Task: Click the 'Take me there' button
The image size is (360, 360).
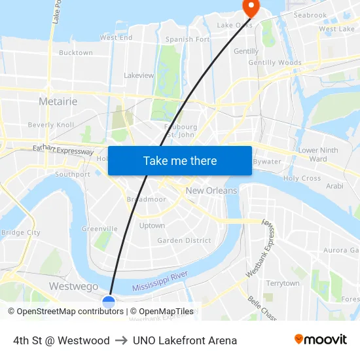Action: tap(179, 160)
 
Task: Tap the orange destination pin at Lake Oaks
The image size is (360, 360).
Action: tap(251, 7)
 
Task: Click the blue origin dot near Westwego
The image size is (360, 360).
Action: tap(109, 301)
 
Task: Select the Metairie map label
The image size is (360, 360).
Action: tap(58, 101)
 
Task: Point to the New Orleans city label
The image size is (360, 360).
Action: tap(211, 190)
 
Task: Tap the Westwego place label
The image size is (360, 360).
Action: tap(73, 287)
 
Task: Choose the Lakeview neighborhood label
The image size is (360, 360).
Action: tap(139, 75)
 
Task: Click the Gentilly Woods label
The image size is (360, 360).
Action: tap(275, 63)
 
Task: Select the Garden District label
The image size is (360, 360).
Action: tap(184, 240)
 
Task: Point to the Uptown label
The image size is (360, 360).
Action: tap(152, 226)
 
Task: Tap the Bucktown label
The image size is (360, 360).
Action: tap(76, 52)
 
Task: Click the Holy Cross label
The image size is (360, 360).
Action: tap(302, 178)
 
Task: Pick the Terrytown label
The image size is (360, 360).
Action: tap(283, 283)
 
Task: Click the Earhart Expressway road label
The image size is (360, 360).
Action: tap(63, 151)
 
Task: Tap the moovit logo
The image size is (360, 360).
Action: tap(320, 340)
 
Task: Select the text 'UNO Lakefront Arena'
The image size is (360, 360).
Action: tap(185, 340)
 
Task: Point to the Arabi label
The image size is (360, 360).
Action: tap(334, 186)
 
